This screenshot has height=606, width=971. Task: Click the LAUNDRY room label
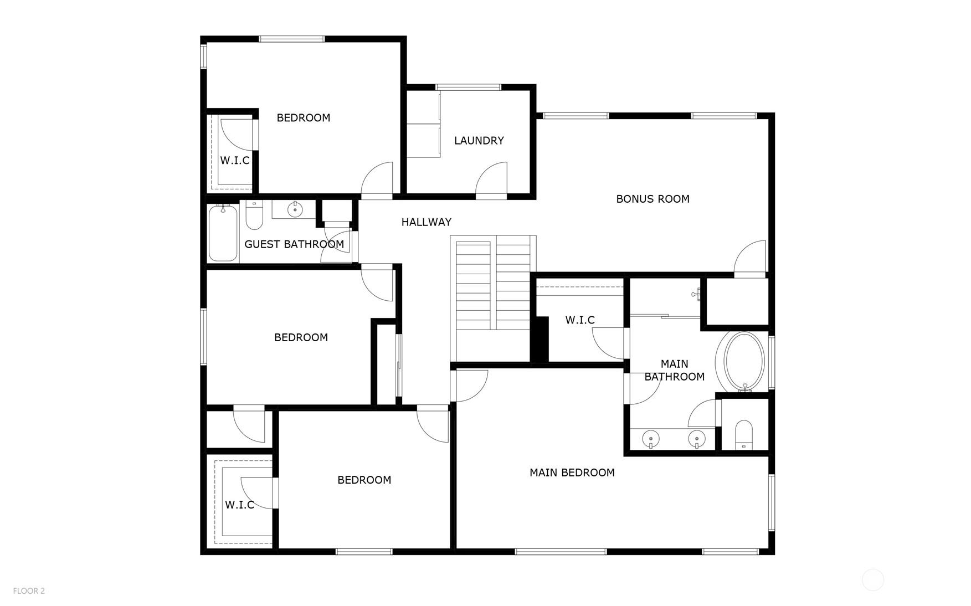point(479,141)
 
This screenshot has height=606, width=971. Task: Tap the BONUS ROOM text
point(653,199)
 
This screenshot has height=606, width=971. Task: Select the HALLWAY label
point(426,222)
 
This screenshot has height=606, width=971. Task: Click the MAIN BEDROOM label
point(572,473)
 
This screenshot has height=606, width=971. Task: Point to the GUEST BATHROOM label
point(294,244)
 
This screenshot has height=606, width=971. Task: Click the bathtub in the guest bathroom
point(223,233)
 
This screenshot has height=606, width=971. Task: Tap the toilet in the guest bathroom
point(254,216)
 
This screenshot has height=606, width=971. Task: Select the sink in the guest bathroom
point(295,210)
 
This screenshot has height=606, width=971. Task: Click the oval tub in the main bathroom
point(744,362)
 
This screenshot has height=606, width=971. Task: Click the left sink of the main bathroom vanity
point(651,439)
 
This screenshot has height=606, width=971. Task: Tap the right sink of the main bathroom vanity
point(696,439)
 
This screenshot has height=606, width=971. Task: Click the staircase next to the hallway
point(492,285)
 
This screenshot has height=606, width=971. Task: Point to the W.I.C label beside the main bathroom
point(579,320)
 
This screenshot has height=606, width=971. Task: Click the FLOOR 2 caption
point(29,591)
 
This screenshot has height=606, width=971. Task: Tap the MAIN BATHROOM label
point(674,370)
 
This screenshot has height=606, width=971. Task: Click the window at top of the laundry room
point(468,87)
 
